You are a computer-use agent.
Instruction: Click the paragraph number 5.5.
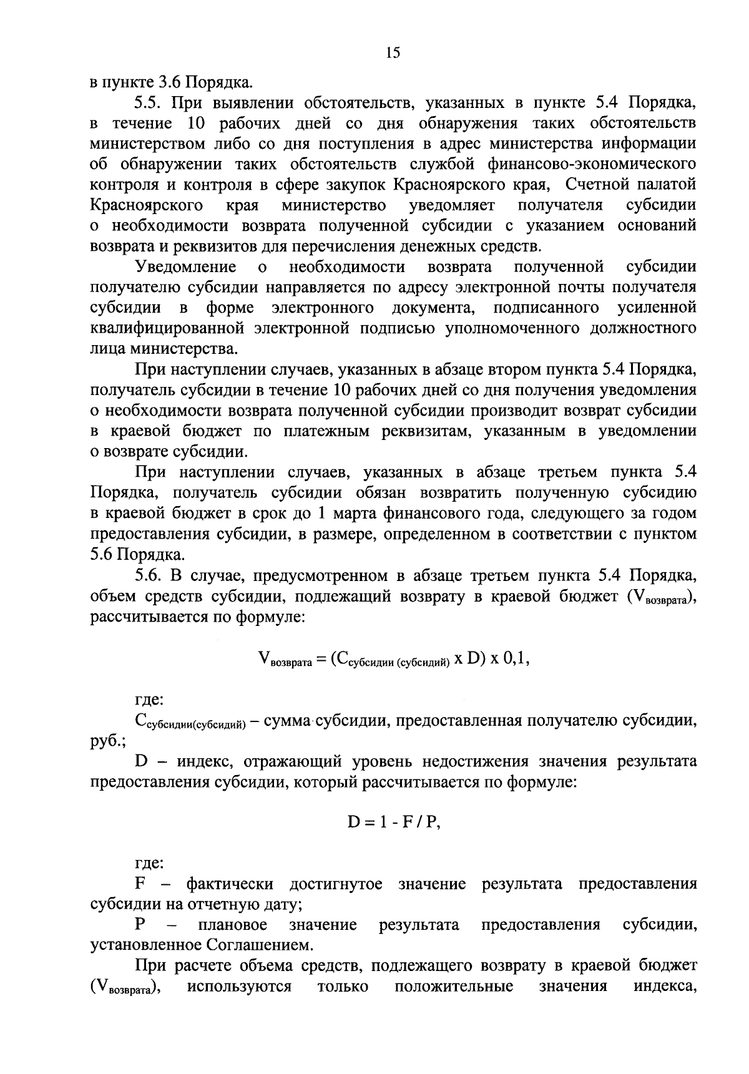point(148,102)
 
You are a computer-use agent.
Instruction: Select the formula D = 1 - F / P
point(394,822)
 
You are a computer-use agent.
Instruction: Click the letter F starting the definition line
point(140,884)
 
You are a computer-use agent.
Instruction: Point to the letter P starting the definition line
point(140,925)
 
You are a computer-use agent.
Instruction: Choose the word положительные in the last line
point(454,987)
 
